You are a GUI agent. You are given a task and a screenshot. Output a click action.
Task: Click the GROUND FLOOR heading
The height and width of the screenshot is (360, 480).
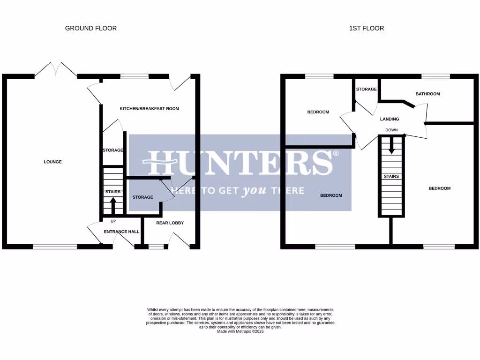point(90,28)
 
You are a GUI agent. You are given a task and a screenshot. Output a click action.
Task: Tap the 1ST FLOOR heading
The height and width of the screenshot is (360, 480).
point(366,28)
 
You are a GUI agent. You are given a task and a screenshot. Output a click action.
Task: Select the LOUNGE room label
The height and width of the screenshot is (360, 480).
point(52,162)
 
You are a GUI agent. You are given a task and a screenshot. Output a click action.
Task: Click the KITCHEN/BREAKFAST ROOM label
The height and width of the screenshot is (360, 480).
point(149,109)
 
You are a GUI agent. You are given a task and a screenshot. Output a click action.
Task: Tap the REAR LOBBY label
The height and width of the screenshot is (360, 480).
point(170,223)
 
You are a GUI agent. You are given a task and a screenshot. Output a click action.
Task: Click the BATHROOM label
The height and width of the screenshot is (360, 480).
point(427,94)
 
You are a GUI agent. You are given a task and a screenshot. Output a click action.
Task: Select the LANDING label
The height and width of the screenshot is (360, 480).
point(389,119)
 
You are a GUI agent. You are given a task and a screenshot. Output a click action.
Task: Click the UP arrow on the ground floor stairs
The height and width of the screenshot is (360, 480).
point(113,205)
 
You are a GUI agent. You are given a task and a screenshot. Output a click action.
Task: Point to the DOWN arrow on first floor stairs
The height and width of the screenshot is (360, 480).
point(391,146)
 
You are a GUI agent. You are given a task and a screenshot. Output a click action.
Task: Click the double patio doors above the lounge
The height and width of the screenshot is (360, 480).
point(56,70)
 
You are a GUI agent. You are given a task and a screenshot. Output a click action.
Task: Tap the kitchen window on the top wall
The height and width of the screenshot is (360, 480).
point(135,76)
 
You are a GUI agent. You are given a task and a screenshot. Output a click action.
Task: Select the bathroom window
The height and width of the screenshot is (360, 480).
point(435,76)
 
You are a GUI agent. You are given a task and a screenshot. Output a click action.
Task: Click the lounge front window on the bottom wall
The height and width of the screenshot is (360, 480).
point(55,247)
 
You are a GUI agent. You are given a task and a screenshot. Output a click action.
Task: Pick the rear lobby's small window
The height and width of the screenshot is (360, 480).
point(156,247)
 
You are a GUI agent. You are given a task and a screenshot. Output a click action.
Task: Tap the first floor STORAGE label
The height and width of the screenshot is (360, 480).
point(366,89)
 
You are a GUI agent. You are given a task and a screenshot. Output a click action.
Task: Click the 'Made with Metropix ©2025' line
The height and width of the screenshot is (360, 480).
point(240,331)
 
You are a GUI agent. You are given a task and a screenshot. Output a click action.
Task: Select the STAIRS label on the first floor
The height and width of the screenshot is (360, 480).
point(391,176)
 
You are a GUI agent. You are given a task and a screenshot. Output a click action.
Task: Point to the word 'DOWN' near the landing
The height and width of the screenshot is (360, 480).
point(391,130)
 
